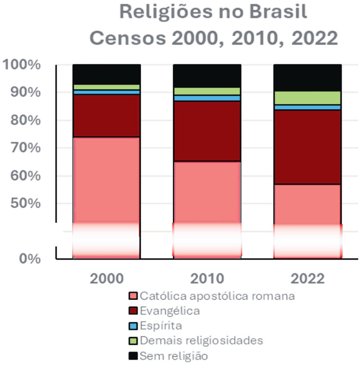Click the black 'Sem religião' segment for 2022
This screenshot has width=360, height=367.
307,77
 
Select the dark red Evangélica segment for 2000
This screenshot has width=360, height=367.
107,116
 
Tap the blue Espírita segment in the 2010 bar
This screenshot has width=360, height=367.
207,98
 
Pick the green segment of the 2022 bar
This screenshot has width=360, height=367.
307,98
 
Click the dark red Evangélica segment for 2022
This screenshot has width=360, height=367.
307,147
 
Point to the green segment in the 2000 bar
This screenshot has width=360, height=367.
107,87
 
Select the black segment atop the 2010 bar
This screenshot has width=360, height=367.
207,76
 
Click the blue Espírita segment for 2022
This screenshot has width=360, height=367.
307,107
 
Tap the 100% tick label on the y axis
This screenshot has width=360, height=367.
22,65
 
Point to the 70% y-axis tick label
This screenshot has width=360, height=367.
26,148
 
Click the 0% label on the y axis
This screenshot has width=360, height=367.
30,259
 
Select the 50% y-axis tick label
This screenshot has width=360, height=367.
26,204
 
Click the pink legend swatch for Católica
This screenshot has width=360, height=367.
133,296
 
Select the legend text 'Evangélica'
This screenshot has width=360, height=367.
170,311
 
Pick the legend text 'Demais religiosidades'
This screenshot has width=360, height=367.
201,341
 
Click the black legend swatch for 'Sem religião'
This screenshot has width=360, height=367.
133,356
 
